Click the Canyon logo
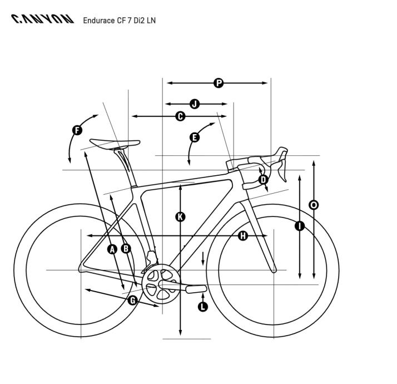point(42,19)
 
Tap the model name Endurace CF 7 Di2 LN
point(119,20)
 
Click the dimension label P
point(219,83)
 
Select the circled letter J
point(195,104)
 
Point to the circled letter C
point(180,116)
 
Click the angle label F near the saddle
point(77,131)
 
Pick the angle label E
point(195,137)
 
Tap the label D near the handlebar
point(264,180)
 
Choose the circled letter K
point(180,217)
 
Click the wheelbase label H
point(243,236)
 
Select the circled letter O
point(314,205)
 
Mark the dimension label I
point(300,226)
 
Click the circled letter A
point(112,249)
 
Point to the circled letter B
point(126,249)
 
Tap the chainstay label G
point(133,301)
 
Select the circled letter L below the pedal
point(202,307)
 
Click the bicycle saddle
point(115,144)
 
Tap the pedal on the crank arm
point(196,289)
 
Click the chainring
point(161,284)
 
